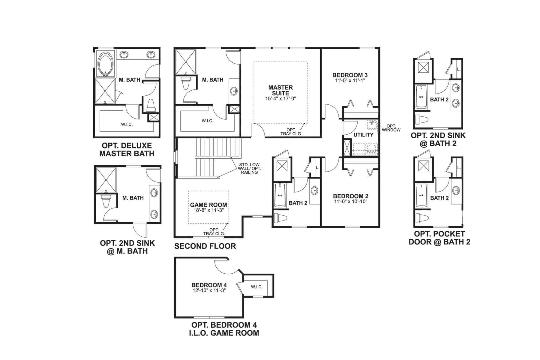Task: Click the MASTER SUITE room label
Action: pyautogui.click(x=280, y=90)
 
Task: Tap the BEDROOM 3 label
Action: pyautogui.click(x=350, y=75)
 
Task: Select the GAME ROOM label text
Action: pyautogui.click(x=208, y=205)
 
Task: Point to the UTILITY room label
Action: pyautogui.click(x=363, y=135)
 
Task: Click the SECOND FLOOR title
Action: pyautogui.click(x=205, y=246)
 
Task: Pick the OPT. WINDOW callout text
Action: pyautogui.click(x=391, y=128)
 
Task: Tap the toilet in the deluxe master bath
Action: pyautogui.click(x=151, y=106)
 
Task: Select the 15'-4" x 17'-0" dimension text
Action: pyautogui.click(x=280, y=98)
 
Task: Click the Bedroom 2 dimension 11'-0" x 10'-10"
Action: pyautogui.click(x=351, y=202)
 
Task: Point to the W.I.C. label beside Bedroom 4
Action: pyautogui.click(x=257, y=287)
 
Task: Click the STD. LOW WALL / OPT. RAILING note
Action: pyautogui.click(x=250, y=168)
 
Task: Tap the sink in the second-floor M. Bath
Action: pyautogui.click(x=234, y=90)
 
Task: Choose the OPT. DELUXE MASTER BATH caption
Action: pyautogui.click(x=127, y=150)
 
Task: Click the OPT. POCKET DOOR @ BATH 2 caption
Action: pyautogui.click(x=439, y=238)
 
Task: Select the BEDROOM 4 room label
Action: pyautogui.click(x=209, y=285)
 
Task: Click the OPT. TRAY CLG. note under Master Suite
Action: pyautogui.click(x=291, y=132)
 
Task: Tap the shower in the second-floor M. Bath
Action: pyautogui.click(x=186, y=62)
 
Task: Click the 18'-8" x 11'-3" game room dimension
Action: pyautogui.click(x=208, y=210)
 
